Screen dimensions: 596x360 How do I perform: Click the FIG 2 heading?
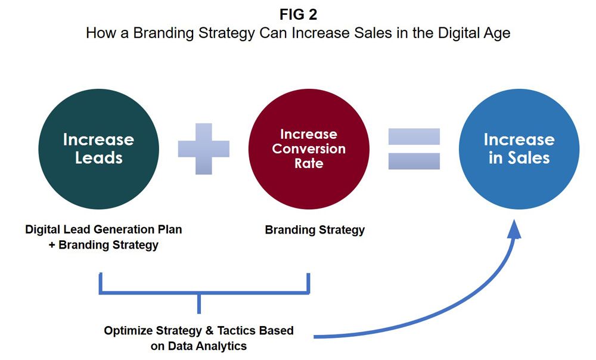[x=298, y=14]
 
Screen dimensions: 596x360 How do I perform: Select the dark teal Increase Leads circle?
[x=99, y=149]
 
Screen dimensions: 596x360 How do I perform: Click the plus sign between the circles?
[x=204, y=148]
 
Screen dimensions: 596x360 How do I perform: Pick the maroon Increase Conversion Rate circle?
[x=309, y=149]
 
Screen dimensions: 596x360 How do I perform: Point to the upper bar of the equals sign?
[x=414, y=136]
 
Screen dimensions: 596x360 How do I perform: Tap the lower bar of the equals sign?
[x=414, y=161]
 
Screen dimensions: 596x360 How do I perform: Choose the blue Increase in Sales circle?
[x=519, y=149]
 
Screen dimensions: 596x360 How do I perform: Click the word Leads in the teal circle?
[x=99, y=158]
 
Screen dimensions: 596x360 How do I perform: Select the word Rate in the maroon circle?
[x=309, y=163]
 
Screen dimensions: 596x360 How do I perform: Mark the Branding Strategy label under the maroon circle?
[x=315, y=230]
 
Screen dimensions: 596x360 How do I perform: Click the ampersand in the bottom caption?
[x=209, y=331]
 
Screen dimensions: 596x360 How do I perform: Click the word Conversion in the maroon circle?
[x=309, y=149]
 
